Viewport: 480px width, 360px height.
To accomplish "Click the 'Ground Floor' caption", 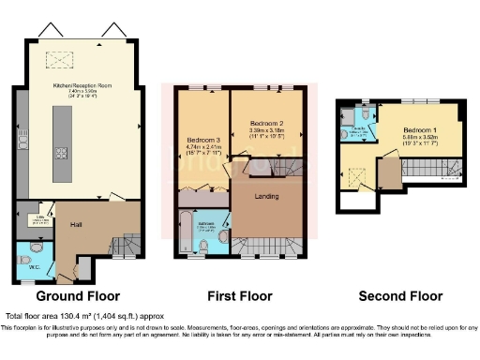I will [71, 296].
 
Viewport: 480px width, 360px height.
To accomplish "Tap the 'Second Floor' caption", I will [400, 296].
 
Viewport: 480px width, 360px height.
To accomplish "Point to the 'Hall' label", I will [78, 225].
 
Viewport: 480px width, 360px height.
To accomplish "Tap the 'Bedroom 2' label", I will [266, 123].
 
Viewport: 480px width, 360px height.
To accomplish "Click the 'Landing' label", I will [269, 195].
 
